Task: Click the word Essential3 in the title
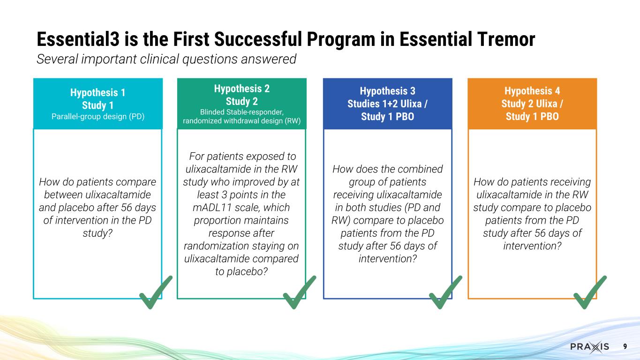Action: pyautogui.click(x=77, y=40)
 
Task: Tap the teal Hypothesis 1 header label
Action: pyautogui.click(x=98, y=92)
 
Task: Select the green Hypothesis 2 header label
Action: pyautogui.click(x=241, y=89)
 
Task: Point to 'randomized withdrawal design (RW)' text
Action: pyautogui.click(x=241, y=121)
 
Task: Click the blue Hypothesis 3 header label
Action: pyautogui.click(x=387, y=91)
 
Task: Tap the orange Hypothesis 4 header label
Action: pyautogui.click(x=532, y=91)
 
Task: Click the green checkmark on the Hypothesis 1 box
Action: pyautogui.click(x=155, y=293)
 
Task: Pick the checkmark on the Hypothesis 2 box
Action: pyautogui.click(x=299, y=293)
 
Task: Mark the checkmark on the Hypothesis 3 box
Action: pyautogui.click(x=445, y=293)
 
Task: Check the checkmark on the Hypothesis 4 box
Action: pyautogui.click(x=589, y=293)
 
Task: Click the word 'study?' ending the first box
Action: pyautogui.click(x=98, y=232)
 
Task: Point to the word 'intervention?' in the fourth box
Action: pyautogui.click(x=532, y=245)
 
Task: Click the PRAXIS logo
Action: pyautogui.click(x=589, y=347)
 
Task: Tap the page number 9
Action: pyautogui.click(x=625, y=347)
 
